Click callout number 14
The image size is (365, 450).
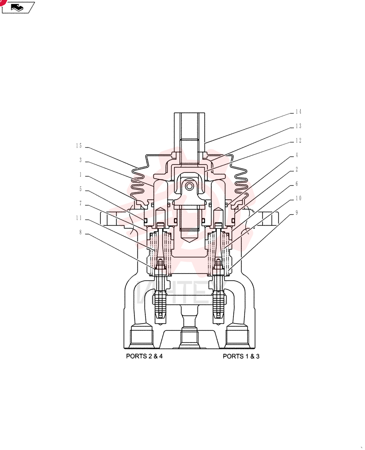[298, 112]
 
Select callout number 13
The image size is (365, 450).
[298, 126]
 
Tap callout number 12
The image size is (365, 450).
[298, 140]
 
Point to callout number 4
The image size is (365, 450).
[297, 155]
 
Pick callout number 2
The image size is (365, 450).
[297, 169]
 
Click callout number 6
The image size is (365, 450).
[297, 184]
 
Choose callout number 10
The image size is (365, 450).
[298, 198]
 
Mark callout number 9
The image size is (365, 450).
[297, 213]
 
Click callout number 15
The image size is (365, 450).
[79, 146]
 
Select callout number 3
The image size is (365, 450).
[80, 160]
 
